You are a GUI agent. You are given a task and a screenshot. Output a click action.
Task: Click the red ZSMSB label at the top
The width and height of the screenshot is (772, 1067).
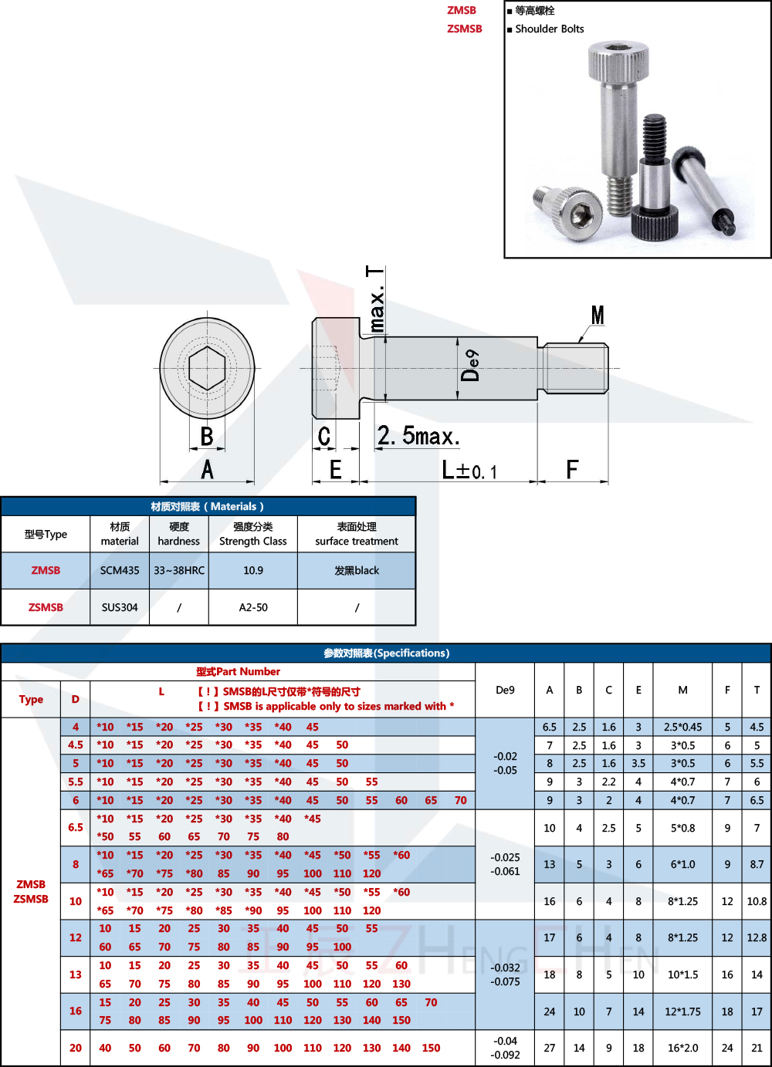(x=464, y=29)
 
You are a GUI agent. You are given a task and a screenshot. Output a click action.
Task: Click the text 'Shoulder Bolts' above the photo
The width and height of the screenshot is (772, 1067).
(x=549, y=29)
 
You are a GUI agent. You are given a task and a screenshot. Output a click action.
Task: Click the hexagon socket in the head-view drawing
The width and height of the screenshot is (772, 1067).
(x=207, y=368)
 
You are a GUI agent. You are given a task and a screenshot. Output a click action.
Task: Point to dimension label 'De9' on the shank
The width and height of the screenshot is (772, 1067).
(x=470, y=366)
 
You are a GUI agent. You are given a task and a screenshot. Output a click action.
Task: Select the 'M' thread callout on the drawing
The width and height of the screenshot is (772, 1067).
(x=598, y=316)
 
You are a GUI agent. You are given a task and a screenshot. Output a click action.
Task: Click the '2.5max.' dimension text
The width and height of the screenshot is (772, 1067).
(x=418, y=436)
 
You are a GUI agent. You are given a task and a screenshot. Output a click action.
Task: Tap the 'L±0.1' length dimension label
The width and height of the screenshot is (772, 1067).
(x=469, y=470)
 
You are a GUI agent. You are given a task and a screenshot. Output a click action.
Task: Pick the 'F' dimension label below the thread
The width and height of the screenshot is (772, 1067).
(x=572, y=469)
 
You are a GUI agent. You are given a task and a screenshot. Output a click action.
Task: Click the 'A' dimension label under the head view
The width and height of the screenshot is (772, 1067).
(x=207, y=469)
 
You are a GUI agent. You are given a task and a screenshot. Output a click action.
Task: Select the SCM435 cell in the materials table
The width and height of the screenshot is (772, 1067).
(x=120, y=570)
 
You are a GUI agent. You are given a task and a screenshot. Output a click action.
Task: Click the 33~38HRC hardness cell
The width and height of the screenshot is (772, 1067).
(x=179, y=570)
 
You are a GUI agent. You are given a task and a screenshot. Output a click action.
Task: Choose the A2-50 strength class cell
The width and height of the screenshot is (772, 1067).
(x=253, y=607)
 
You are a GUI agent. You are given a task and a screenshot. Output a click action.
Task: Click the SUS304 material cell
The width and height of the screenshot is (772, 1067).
(x=120, y=607)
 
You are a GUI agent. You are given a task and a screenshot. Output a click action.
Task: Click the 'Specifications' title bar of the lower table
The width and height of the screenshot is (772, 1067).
(x=386, y=653)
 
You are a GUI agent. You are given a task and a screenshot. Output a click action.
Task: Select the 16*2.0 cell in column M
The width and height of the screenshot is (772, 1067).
(x=682, y=1048)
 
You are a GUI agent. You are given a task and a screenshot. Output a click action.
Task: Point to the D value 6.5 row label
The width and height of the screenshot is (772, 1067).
(x=76, y=827)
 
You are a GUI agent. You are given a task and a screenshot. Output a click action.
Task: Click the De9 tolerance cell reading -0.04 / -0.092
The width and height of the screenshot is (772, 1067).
(x=506, y=1048)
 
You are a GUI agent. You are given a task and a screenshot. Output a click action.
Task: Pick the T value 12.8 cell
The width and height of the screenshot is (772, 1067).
(x=757, y=937)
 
